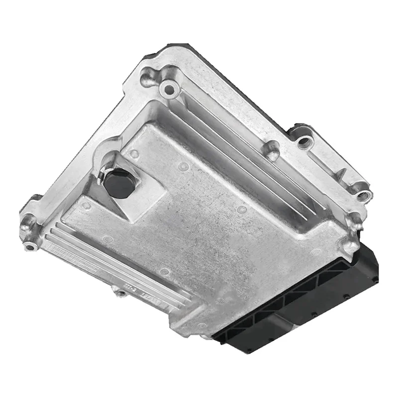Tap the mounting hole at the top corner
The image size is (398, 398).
pyautogui.click(x=169, y=90)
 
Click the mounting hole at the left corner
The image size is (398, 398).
pyautogui.click(x=31, y=246)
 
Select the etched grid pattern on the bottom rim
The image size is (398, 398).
pyautogui.click(x=75, y=259)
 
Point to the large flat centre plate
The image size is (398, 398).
pyautogui.click(x=209, y=219)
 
